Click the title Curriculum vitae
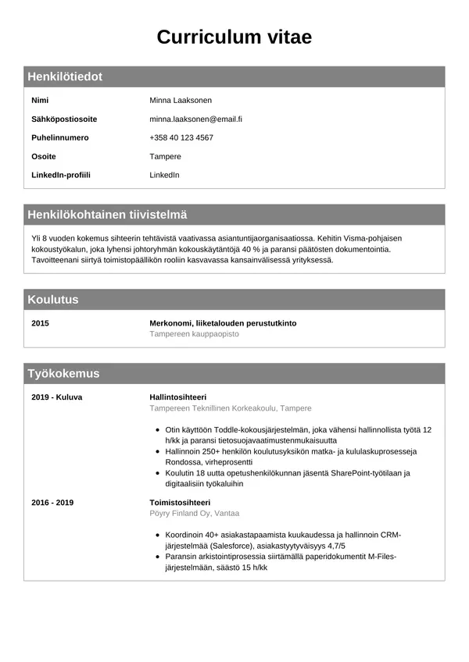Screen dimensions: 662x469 (234, 37)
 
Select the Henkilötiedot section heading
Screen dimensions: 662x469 (65, 77)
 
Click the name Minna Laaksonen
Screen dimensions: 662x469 (181, 100)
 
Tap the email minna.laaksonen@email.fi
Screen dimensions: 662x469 (195, 119)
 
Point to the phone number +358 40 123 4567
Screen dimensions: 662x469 (181, 137)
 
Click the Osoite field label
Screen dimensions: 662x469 (43, 156)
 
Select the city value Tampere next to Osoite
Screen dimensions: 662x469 (165, 156)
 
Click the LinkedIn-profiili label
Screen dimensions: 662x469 (61, 175)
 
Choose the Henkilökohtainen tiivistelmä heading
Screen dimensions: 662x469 (107, 215)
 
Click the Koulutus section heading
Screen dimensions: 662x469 (53, 300)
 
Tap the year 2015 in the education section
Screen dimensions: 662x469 (40, 322)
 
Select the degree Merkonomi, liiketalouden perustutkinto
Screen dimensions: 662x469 (223, 322)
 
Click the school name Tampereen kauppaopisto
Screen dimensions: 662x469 (194, 333)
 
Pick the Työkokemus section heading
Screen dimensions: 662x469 (63, 374)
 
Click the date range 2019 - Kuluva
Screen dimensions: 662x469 (56, 397)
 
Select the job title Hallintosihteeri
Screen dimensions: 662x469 (177, 397)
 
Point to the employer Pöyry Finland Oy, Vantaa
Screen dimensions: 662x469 (194, 513)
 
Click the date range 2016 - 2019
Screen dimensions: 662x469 (52, 502)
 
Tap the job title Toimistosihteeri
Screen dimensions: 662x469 (180, 502)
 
